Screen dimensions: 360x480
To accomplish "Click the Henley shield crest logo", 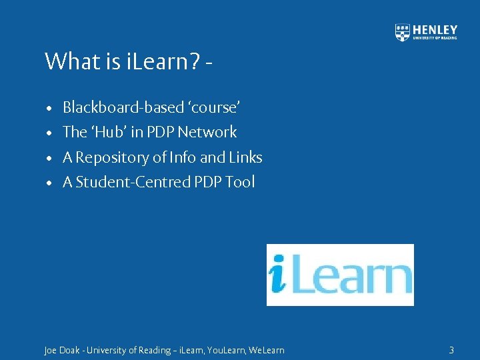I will pyautogui.click(x=403, y=32).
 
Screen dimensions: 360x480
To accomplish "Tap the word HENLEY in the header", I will pyautogui.click(x=435, y=29).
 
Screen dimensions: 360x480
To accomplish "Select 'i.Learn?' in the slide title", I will pyautogui.click(x=163, y=61).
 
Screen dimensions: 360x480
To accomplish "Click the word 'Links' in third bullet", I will pyautogui.click(x=246, y=157).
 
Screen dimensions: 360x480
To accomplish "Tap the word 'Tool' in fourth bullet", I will pyautogui.click(x=240, y=182).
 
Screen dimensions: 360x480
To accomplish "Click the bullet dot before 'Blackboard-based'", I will pyautogui.click(x=50, y=108).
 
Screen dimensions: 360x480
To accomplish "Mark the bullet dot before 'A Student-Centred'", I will pyautogui.click(x=50, y=183).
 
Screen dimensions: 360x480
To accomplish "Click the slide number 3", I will pyautogui.click(x=451, y=350).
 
